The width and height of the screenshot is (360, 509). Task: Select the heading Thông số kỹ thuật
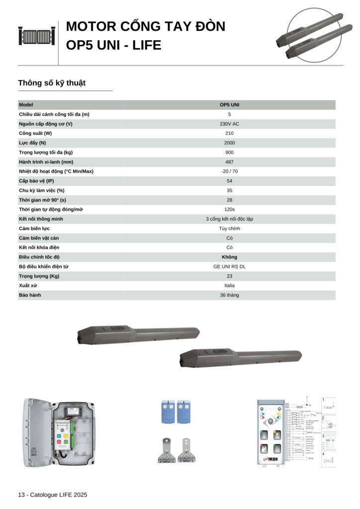pyautogui.click(x=52, y=83)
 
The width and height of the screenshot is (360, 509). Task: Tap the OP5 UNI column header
pyautogui.click(x=229, y=105)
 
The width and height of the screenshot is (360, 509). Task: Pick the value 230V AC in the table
pyautogui.click(x=229, y=124)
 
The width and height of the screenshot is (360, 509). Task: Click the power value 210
pyautogui.click(x=229, y=133)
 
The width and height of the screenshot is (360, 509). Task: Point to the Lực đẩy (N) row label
pyautogui.click(x=32, y=143)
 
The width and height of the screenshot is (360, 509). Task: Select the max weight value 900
pyautogui.click(x=229, y=152)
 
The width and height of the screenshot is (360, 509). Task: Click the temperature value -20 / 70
pyautogui.click(x=229, y=171)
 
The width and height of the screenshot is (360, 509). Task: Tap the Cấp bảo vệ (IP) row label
pyautogui.click(x=36, y=181)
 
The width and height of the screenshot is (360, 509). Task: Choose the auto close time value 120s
pyautogui.click(x=229, y=209)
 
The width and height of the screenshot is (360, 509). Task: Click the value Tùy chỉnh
pyautogui.click(x=229, y=229)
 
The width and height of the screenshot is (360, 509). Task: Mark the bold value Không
pyautogui.click(x=229, y=257)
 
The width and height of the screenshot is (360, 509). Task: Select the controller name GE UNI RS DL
pyautogui.click(x=229, y=266)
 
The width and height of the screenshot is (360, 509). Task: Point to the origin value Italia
pyautogui.click(x=229, y=285)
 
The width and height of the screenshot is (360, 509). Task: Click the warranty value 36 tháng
pyautogui.click(x=229, y=295)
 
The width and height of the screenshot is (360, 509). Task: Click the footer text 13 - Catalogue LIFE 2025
pyautogui.click(x=52, y=495)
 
